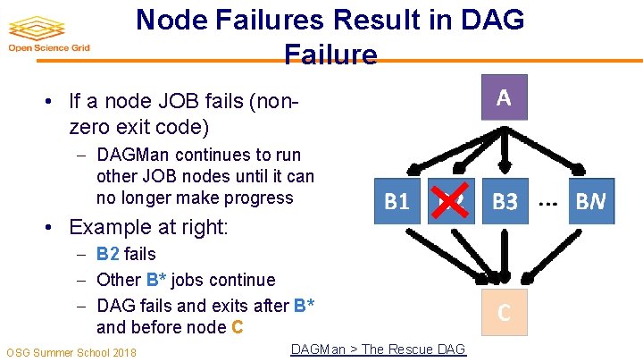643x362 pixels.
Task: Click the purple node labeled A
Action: (x=504, y=97)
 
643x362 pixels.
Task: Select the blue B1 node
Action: (x=397, y=202)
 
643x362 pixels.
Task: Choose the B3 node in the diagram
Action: (x=505, y=202)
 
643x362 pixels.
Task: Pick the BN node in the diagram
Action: (x=589, y=202)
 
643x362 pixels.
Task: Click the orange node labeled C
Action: (x=505, y=312)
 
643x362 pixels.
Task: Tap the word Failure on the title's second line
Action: (x=330, y=55)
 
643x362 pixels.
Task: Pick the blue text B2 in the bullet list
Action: (x=108, y=254)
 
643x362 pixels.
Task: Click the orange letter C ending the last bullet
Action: (x=237, y=327)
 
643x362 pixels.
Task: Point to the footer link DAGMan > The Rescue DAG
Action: (x=378, y=349)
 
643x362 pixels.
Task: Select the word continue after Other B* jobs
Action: (x=244, y=280)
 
